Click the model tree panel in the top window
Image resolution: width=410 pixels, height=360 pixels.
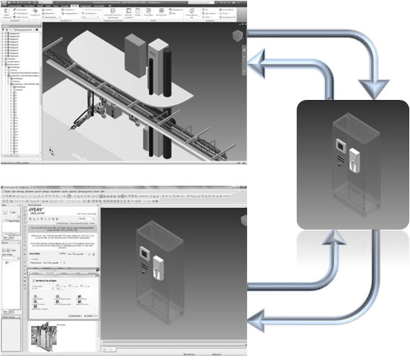tap(21, 92)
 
